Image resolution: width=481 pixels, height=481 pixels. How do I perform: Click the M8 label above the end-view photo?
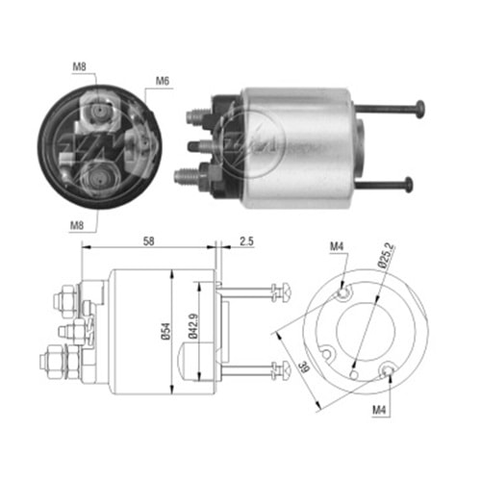79,68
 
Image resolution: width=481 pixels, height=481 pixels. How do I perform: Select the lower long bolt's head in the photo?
410,183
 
